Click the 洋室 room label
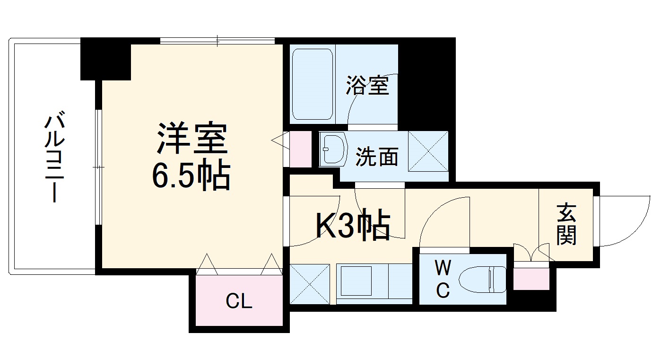[192, 138]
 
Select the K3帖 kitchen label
[353, 225]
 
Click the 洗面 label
[377, 157]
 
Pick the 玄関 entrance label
[566, 224]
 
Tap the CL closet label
[239, 301]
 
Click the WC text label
[443, 281]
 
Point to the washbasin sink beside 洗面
[333, 149]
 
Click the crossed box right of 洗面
[428, 150]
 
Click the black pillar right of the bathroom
[426, 83]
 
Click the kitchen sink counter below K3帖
[374, 282]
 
